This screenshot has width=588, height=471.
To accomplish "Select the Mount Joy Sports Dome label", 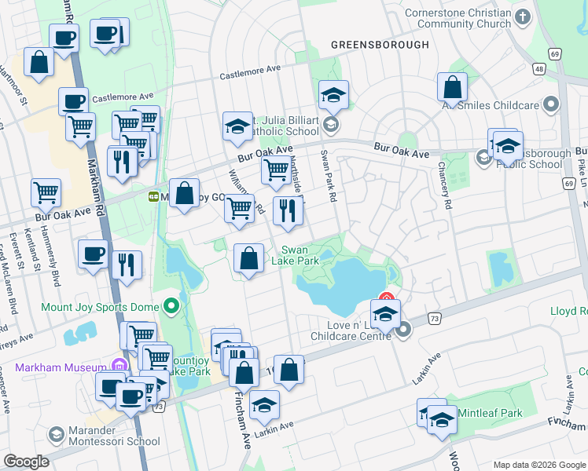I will click(90, 307).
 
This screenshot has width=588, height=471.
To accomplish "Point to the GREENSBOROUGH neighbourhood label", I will click(380, 45).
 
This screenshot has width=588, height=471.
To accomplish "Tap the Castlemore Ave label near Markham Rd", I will click(123, 98).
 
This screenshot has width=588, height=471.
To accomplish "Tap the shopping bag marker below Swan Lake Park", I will click(249, 258).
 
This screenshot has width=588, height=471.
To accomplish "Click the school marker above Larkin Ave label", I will click(264, 405).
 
